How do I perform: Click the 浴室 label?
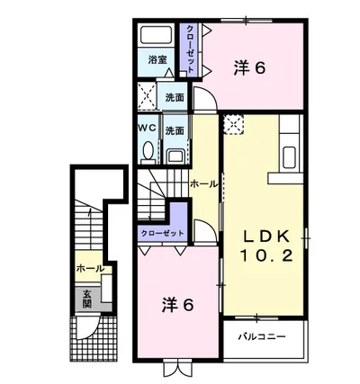(157, 60)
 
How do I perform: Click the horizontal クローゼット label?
(163, 233)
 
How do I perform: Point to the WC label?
(147, 129)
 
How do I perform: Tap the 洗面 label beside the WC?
(175, 130)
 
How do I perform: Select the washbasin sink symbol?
(175, 154)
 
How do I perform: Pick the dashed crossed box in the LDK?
(233, 124)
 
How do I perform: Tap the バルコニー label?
(261, 337)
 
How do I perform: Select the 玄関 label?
(87, 298)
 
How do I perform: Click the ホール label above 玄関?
(89, 268)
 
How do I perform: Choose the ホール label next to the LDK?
(202, 183)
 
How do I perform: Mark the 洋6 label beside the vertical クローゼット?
(250, 66)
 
